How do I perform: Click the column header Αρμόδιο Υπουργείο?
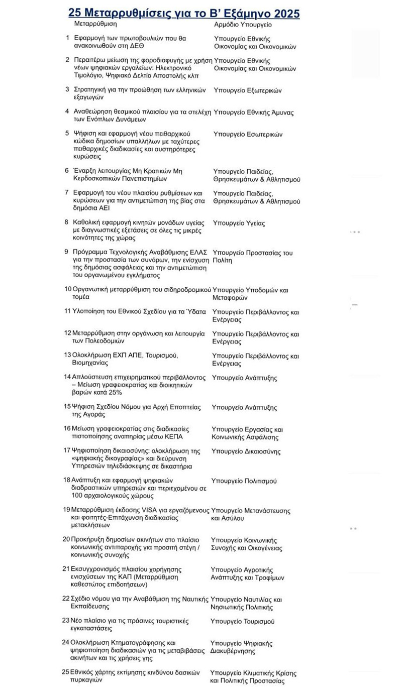tap(243, 24)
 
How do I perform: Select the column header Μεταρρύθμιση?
tap(95, 24)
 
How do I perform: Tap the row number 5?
tap(67, 134)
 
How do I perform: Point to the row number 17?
tap(66, 450)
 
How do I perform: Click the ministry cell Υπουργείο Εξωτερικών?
tap(248, 90)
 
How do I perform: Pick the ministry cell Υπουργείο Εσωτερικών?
tap(248, 134)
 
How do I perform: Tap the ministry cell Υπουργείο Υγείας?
tap(239, 223)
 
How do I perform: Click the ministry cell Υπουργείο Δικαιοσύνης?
tap(246, 451)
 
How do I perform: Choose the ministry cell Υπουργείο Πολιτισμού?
tap(244, 481)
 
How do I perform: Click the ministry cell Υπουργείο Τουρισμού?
tap(242, 621)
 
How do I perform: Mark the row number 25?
tap(66, 672)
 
